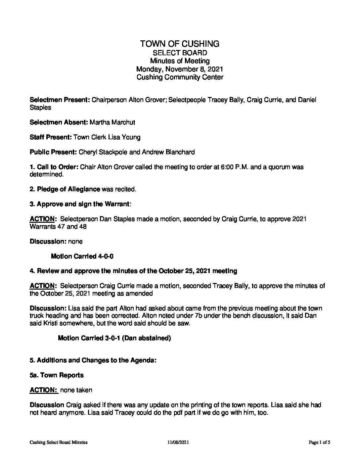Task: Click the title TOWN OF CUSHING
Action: click(x=180, y=44)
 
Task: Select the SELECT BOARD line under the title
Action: click(x=180, y=53)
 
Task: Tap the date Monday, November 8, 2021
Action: click(x=180, y=69)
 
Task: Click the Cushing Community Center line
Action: click(x=180, y=77)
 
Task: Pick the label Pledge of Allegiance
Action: click(x=68, y=189)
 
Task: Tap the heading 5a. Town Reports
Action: click(x=57, y=375)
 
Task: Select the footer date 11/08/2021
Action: click(x=178, y=442)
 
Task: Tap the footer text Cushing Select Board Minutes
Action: click(x=59, y=442)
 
